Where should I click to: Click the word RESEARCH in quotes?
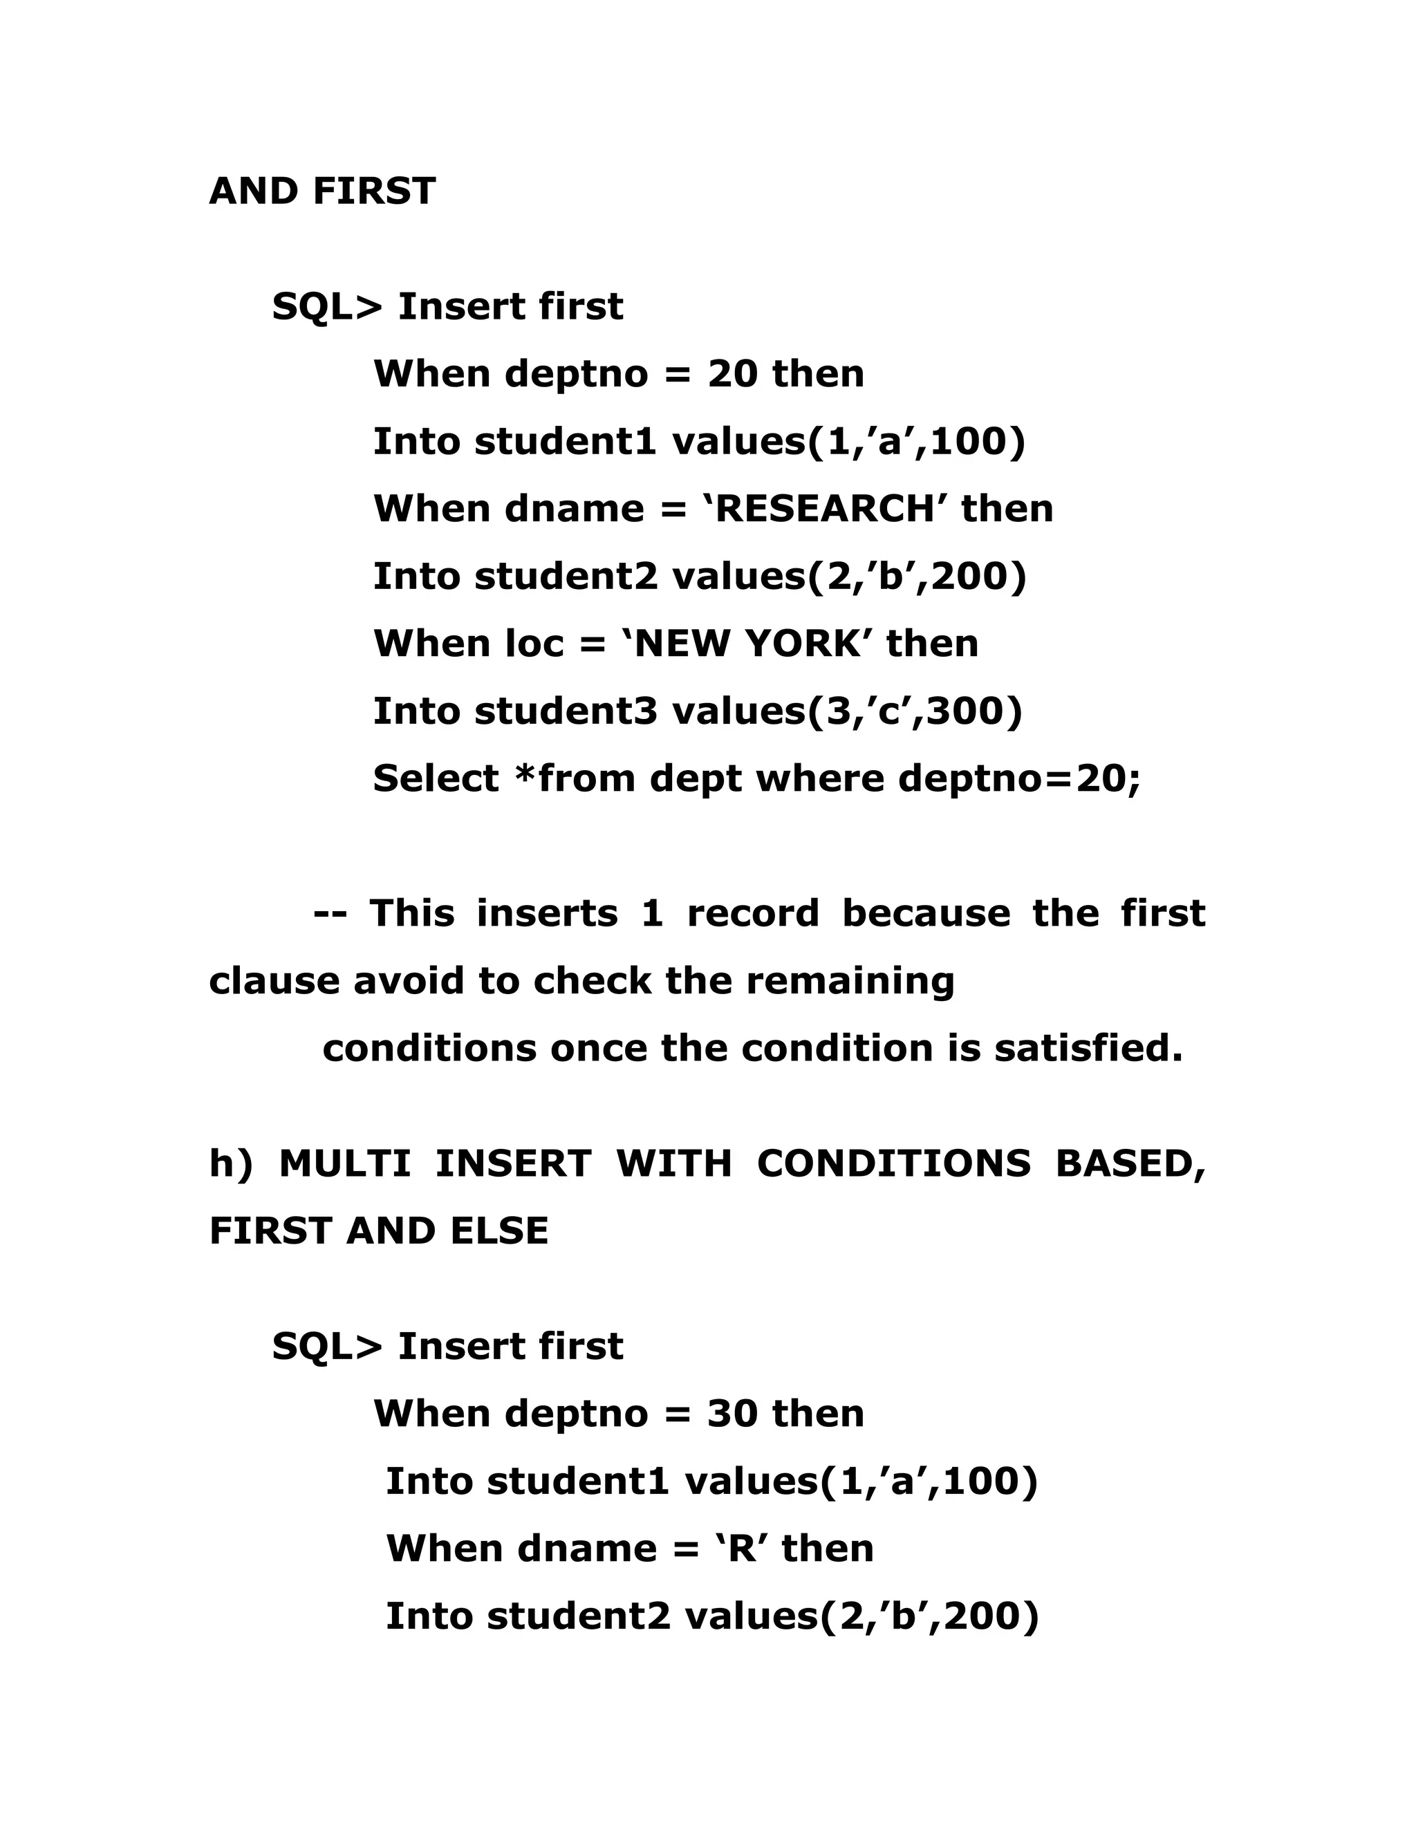[823, 510]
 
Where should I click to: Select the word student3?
[566, 711]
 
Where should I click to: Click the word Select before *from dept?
[436, 779]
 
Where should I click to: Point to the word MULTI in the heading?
[345, 1164]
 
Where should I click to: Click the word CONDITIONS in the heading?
[893, 1164]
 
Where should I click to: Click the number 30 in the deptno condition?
[732, 1414]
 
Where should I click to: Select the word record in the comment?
[752, 913]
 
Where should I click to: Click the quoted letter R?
[743, 1549]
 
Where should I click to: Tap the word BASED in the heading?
[1130, 1164]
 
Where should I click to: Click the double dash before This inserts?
[330, 913]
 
